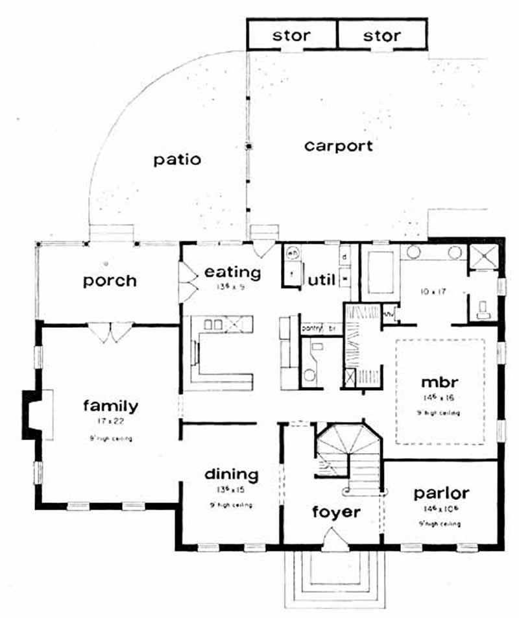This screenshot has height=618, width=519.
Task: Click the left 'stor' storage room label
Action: pos(291,35)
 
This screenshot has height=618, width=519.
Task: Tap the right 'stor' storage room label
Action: pos(382,35)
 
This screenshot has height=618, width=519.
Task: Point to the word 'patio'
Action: pos(177,160)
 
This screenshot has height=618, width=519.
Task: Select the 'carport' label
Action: pos(339,145)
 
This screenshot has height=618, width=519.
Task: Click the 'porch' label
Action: pos(110,280)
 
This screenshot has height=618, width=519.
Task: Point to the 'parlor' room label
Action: pos(441,493)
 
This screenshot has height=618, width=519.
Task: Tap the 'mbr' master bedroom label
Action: pos(441,380)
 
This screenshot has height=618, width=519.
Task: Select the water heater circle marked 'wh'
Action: pos(292,254)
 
